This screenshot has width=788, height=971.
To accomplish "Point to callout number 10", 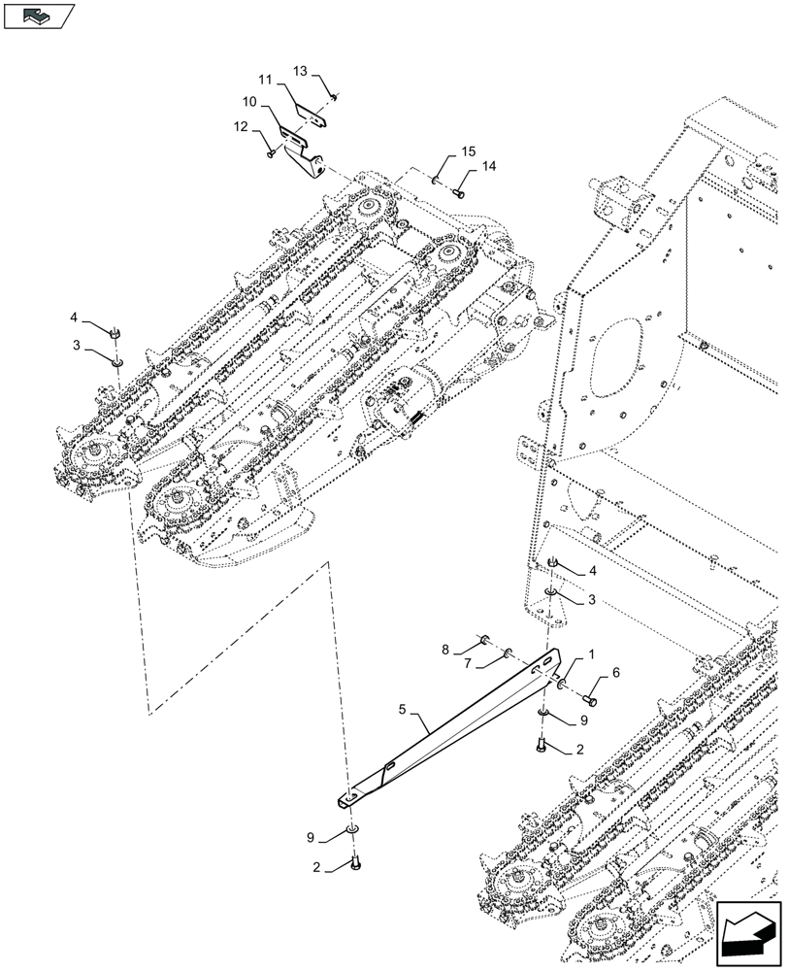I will (249, 100).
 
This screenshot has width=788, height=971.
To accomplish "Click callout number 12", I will (240, 126).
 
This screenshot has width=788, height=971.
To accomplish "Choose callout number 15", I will (469, 151).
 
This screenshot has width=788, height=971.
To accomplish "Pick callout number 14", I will (488, 167).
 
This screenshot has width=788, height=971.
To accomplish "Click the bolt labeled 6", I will (590, 696).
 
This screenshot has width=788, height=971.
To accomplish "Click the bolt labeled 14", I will (459, 194).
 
